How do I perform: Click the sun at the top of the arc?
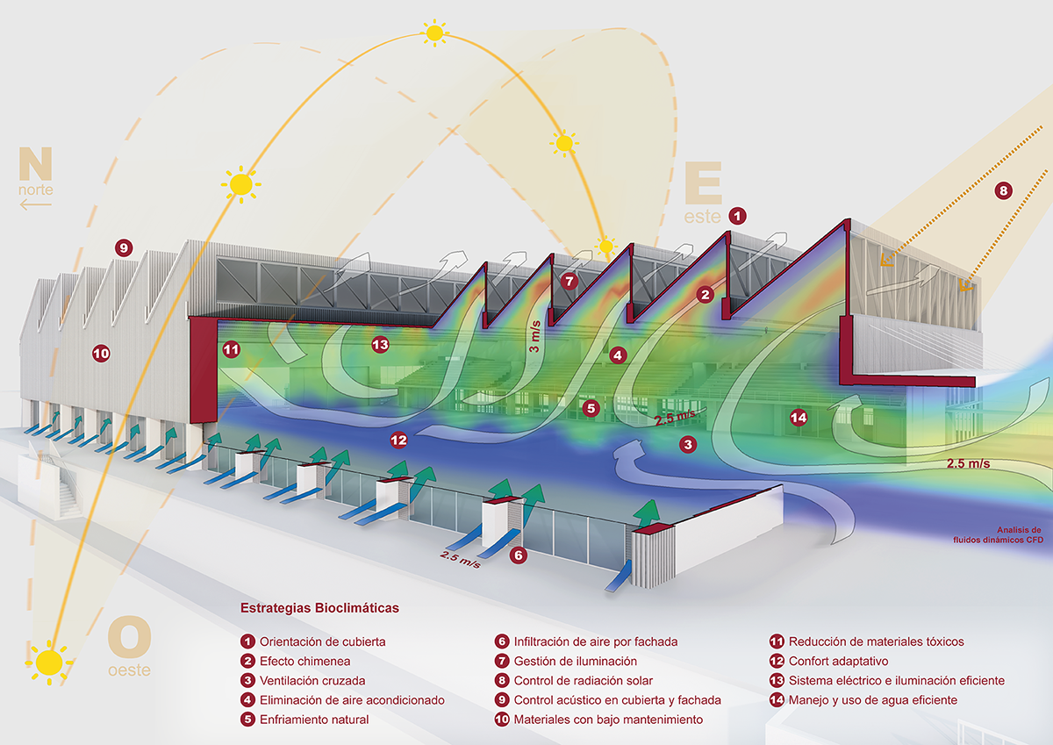434,33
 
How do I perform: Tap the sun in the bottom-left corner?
49,661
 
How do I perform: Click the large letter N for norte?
34,164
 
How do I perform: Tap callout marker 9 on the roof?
124,248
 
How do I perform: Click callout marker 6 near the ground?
519,555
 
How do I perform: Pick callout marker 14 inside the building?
798,417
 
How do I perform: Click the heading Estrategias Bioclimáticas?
319,607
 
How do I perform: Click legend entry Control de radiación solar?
583,680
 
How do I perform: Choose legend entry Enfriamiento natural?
313,720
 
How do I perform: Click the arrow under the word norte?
36,204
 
